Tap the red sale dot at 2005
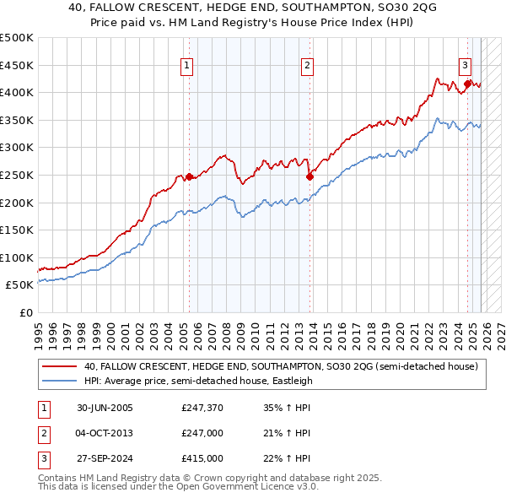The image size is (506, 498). [189, 176]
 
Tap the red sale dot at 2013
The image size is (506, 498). [310, 176]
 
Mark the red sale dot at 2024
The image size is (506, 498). [467, 83]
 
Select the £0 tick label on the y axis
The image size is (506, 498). [25, 312]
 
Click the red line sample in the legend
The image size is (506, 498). [60, 366]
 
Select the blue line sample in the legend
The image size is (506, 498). [60, 381]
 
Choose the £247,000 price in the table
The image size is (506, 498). [202, 433]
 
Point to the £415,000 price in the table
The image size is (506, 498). [202, 459]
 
